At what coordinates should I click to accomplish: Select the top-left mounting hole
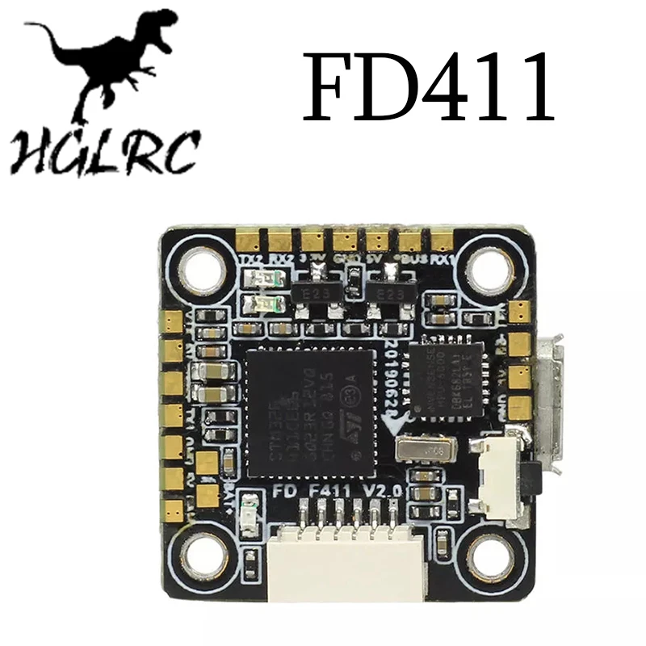(199, 266)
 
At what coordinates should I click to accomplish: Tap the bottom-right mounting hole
(489, 553)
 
